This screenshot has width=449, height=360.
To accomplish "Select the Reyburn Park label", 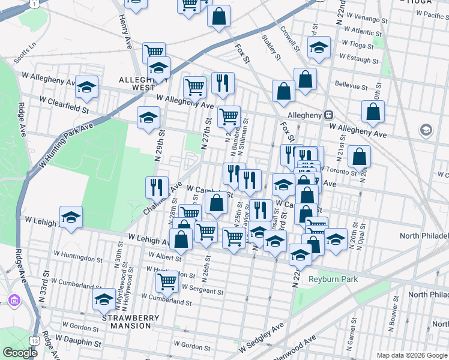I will click(x=333, y=279).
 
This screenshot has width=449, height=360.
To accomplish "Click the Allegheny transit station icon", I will click(x=328, y=115).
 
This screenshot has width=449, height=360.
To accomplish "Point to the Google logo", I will click(x=19, y=352).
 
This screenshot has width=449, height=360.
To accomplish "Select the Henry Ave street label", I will click(x=125, y=33).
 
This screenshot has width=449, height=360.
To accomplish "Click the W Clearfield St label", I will click(x=64, y=106).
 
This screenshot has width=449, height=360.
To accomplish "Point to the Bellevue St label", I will click(x=351, y=85).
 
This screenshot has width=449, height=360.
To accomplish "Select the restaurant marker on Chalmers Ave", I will click(x=157, y=187).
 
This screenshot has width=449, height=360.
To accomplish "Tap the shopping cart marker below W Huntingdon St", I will click(x=166, y=280).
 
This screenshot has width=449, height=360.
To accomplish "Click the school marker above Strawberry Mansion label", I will click(x=104, y=299).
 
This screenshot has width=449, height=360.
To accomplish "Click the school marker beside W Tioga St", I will click(x=319, y=47).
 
